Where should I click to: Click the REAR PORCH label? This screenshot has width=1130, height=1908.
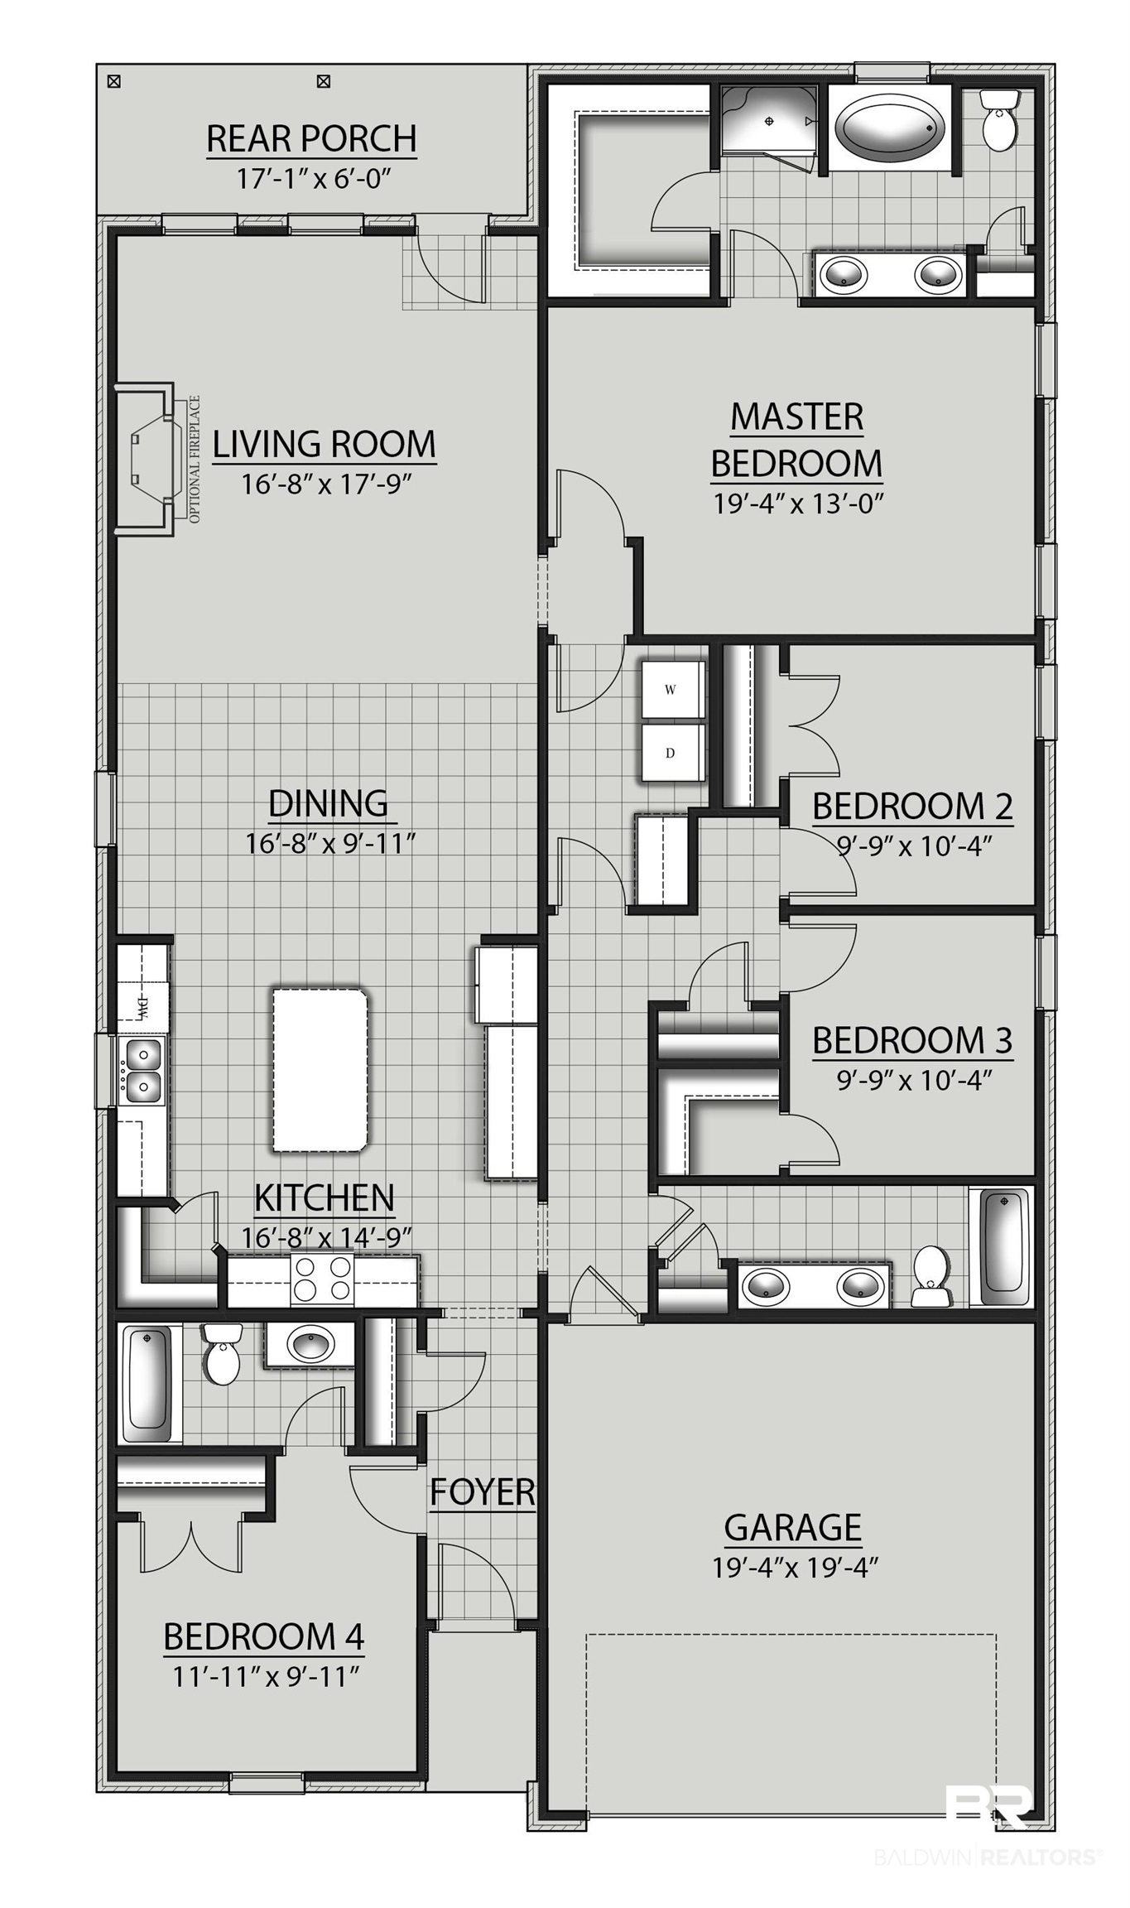coord(311,139)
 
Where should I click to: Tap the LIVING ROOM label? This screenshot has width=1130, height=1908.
coord(325,444)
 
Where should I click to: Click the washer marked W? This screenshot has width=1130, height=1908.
coord(671,690)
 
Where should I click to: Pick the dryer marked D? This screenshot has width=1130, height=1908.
coord(671,753)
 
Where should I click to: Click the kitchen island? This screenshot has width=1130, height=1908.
coord(320,1068)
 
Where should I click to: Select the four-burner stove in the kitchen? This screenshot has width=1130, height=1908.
coord(322,1279)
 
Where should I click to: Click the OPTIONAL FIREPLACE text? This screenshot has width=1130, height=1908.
coord(195,460)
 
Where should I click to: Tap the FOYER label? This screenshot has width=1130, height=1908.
coord(483,1492)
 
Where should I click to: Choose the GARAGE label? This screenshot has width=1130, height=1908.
coord(793,1527)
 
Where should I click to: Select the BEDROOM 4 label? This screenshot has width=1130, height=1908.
coord(264,1636)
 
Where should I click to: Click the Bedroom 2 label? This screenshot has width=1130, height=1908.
coord(912,806)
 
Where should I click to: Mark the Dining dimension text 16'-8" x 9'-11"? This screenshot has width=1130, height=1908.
coord(329,844)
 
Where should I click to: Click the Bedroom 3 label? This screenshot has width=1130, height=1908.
coord(912,1041)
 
